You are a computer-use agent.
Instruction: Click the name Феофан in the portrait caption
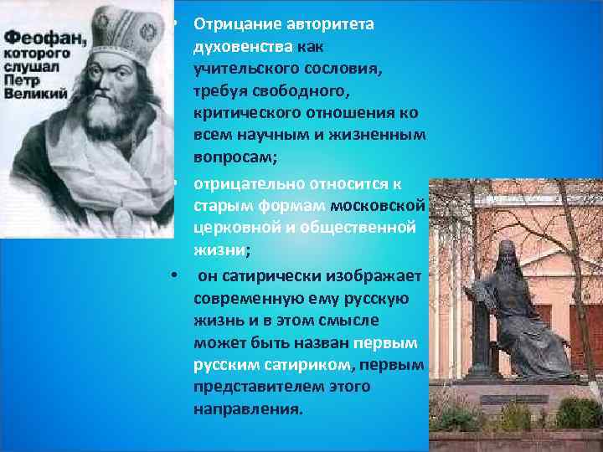click(x=38, y=38)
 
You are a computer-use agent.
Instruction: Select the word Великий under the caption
click(x=34, y=94)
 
